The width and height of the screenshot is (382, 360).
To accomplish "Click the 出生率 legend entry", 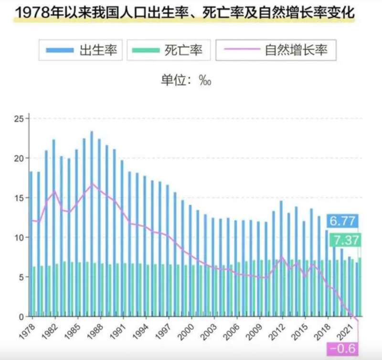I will click(x=81, y=50).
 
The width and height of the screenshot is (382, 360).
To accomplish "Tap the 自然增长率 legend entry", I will click(x=276, y=50).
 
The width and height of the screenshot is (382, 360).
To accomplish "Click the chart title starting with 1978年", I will click(x=184, y=13).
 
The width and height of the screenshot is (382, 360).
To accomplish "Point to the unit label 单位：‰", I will click(x=186, y=80).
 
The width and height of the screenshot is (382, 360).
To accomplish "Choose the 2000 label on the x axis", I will click(x=185, y=330).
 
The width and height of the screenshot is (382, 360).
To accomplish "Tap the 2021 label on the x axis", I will click(x=345, y=330).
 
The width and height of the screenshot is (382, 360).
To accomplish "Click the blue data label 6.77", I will click(x=342, y=221).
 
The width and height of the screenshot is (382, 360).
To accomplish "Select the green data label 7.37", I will click(x=345, y=240).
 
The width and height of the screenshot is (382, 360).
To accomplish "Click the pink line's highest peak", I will click(x=93, y=184).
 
